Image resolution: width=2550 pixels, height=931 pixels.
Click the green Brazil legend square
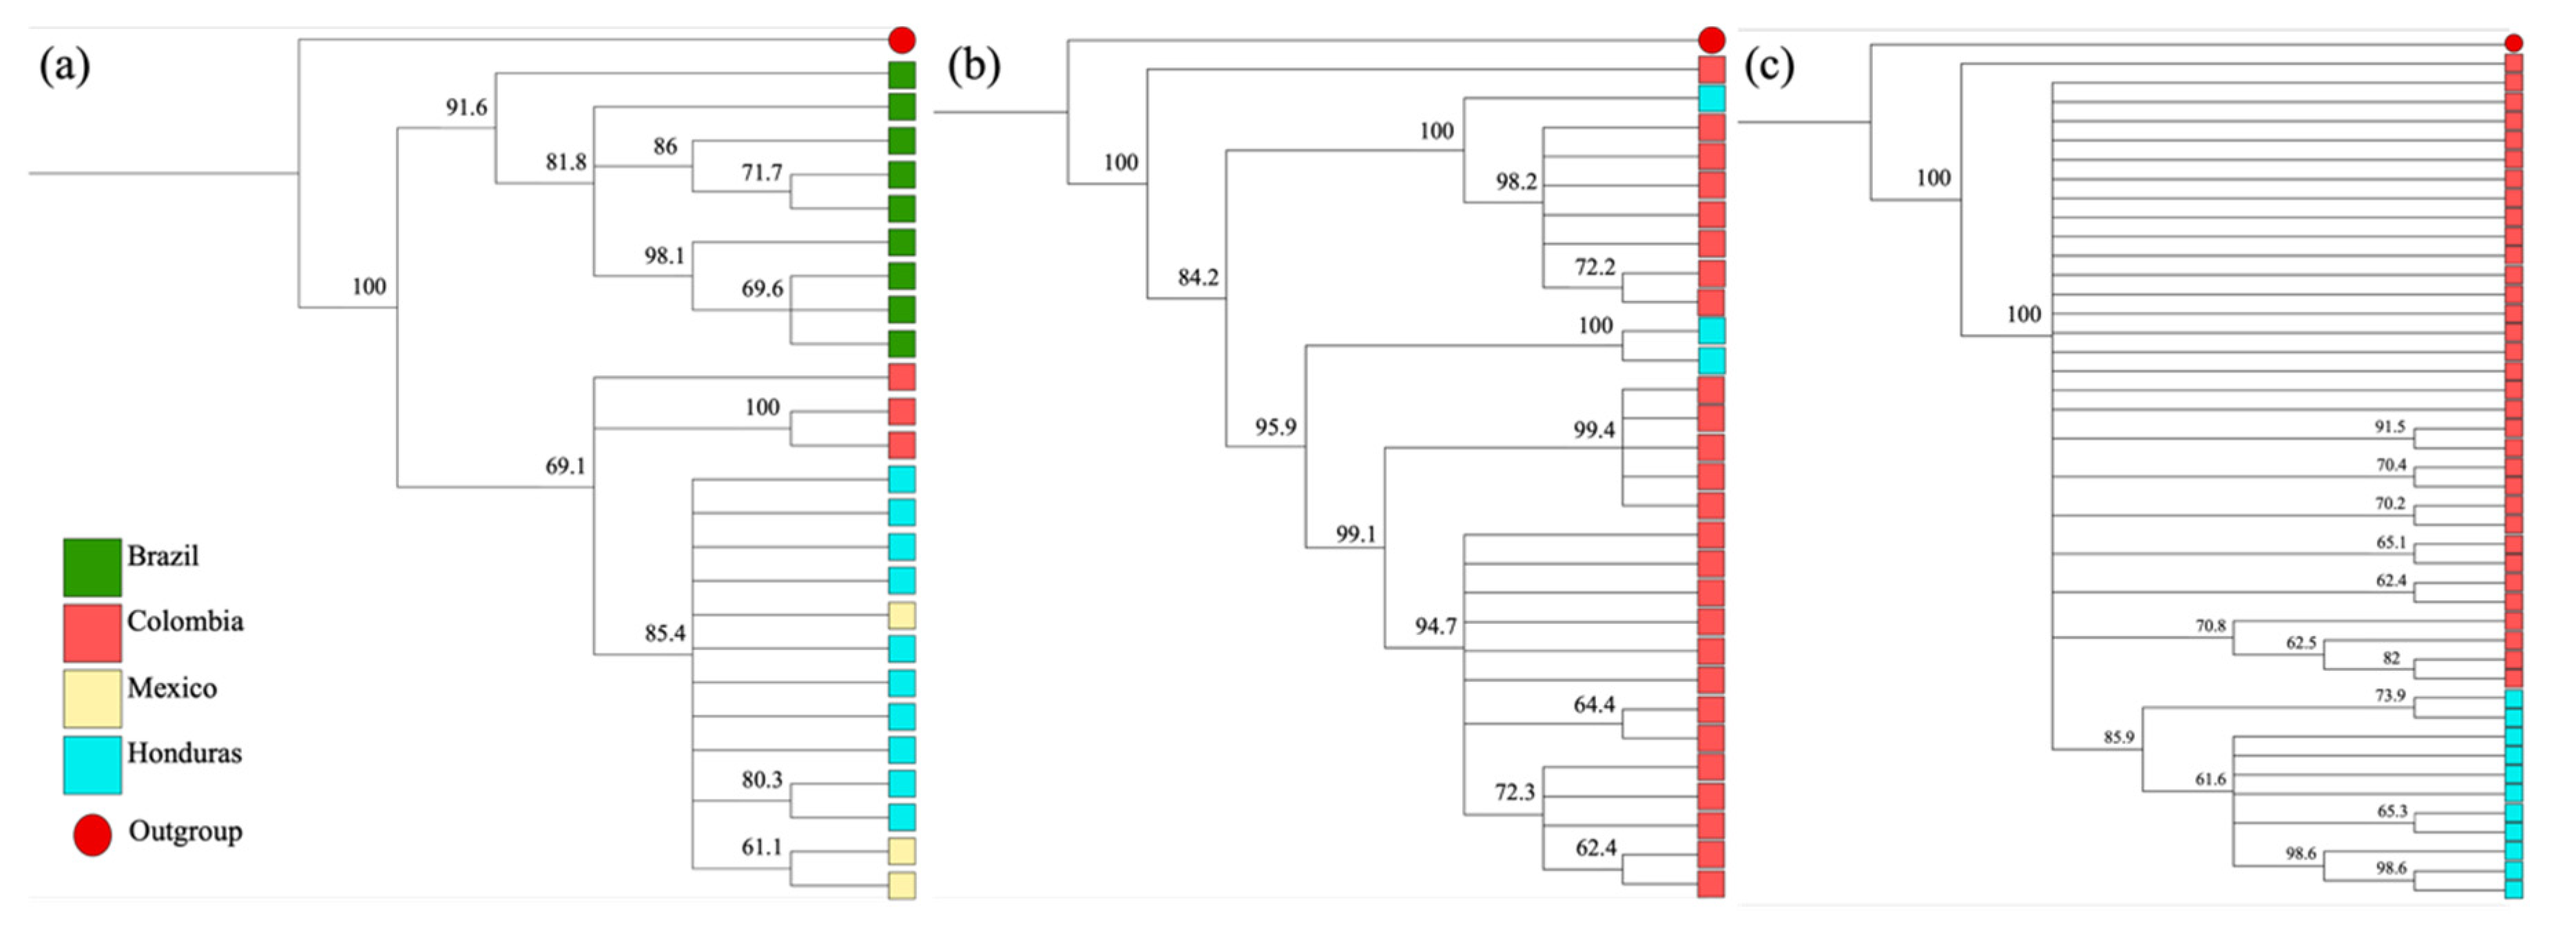(x=92, y=567)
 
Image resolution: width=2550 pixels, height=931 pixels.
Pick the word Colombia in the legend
(x=185, y=621)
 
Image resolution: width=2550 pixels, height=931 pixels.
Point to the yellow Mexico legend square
(x=92, y=698)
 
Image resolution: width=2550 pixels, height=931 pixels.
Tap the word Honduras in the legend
(x=184, y=753)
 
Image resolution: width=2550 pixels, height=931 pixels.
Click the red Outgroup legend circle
(x=92, y=835)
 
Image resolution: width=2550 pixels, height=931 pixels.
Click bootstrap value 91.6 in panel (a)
(x=466, y=107)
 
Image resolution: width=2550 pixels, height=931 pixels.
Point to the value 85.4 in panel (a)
(x=664, y=632)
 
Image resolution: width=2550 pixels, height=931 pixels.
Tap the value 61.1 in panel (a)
(x=761, y=847)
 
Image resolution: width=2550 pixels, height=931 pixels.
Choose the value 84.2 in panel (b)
(x=1198, y=277)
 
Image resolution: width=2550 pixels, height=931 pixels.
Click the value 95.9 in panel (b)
(x=1275, y=428)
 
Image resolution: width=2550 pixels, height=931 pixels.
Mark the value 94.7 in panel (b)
(x=1435, y=625)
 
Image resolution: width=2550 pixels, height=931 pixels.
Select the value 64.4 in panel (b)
(x=1594, y=704)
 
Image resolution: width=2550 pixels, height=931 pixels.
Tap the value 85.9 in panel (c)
(x=2118, y=737)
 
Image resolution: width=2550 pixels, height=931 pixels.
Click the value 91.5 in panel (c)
(x=2390, y=428)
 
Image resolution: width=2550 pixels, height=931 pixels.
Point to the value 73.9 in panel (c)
(x=2390, y=695)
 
